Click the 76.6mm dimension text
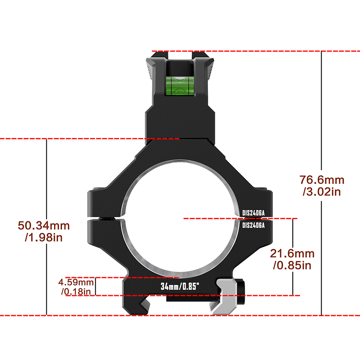[x=322, y=180]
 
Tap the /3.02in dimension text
[x=322, y=192]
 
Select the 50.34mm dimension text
[x=44, y=226]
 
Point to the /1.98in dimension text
[x=44, y=237]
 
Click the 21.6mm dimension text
[x=292, y=254]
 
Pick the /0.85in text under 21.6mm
[x=292, y=266]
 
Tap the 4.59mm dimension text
[x=76, y=282]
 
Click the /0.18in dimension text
[x=76, y=292]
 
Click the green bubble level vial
[x=180, y=86]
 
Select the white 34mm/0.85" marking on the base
[x=180, y=286]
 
